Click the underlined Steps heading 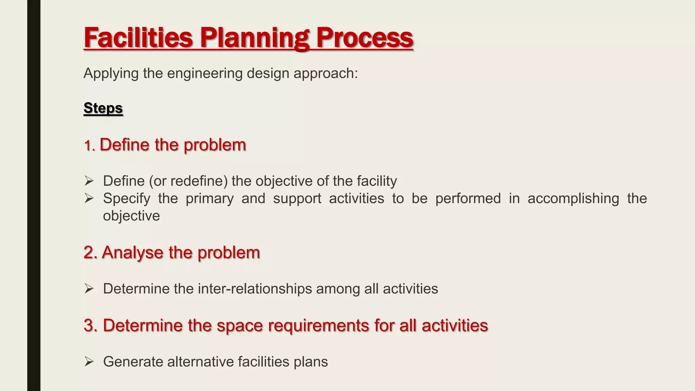point(103,108)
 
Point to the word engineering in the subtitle point(205,73)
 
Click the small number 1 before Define point(88,146)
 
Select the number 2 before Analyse point(89,253)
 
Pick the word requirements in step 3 point(318,325)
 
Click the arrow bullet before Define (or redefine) point(89,181)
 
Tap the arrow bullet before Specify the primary point(89,198)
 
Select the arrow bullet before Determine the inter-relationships point(89,289)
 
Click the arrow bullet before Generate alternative point(89,362)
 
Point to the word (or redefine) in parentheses point(188,181)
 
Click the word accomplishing point(573,199)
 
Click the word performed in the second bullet point(468,199)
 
